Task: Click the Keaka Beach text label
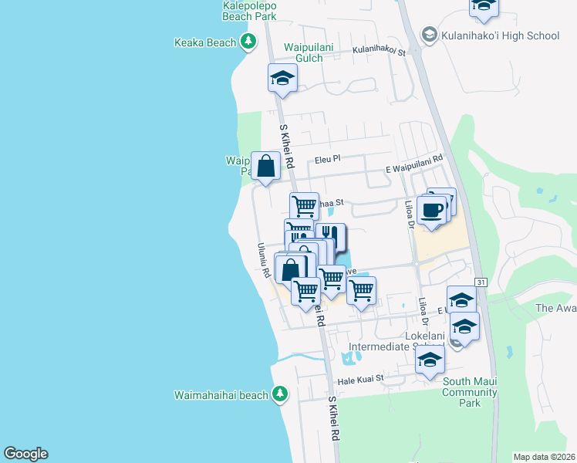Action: click(x=205, y=42)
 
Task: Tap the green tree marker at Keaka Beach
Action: click(x=248, y=42)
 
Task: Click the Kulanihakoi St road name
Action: click(x=379, y=51)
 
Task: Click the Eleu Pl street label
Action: click(x=327, y=160)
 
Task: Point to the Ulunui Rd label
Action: click(x=263, y=262)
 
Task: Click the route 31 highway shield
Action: click(x=481, y=283)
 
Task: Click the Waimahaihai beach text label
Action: click(x=221, y=395)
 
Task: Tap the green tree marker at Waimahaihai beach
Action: click(x=280, y=394)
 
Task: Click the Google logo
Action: click(x=25, y=454)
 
